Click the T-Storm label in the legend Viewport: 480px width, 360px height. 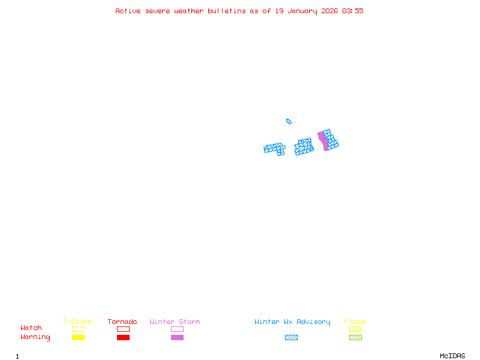pos(77,322)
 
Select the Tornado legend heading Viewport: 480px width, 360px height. pos(122,322)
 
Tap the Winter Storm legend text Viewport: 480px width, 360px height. pos(175,322)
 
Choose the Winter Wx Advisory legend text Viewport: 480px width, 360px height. pos(292,322)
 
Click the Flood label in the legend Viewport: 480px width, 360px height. pos(355,322)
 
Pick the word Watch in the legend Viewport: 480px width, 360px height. pos(31,328)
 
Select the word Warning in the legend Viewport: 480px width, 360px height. pos(35,337)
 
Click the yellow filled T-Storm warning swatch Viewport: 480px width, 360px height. pos(78,337)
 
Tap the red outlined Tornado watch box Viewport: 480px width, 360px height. pos(123,329)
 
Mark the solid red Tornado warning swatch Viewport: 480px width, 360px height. pos(123,337)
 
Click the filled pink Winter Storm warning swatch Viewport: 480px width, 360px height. pos(177,337)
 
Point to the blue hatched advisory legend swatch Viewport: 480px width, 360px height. pos(291,337)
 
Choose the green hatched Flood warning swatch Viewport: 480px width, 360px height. pos(355,337)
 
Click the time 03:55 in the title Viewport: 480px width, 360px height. pos(353,11)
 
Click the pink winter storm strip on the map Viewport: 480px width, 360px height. pos(323,141)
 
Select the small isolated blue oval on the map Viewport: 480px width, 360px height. pos(289,121)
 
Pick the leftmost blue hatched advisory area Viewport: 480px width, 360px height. pos(275,148)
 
